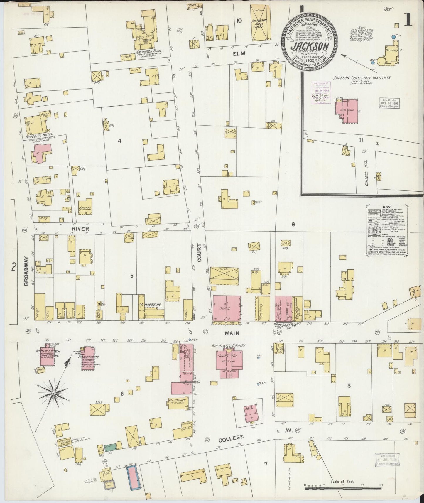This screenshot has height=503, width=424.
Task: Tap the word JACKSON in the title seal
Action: pyautogui.click(x=310, y=46)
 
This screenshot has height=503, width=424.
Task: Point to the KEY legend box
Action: pyautogui.click(x=387, y=231)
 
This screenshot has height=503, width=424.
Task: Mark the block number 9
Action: pyautogui.click(x=293, y=225)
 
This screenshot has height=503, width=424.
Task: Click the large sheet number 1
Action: pyautogui.click(x=407, y=19)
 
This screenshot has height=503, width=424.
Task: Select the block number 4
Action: pyautogui.click(x=119, y=141)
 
